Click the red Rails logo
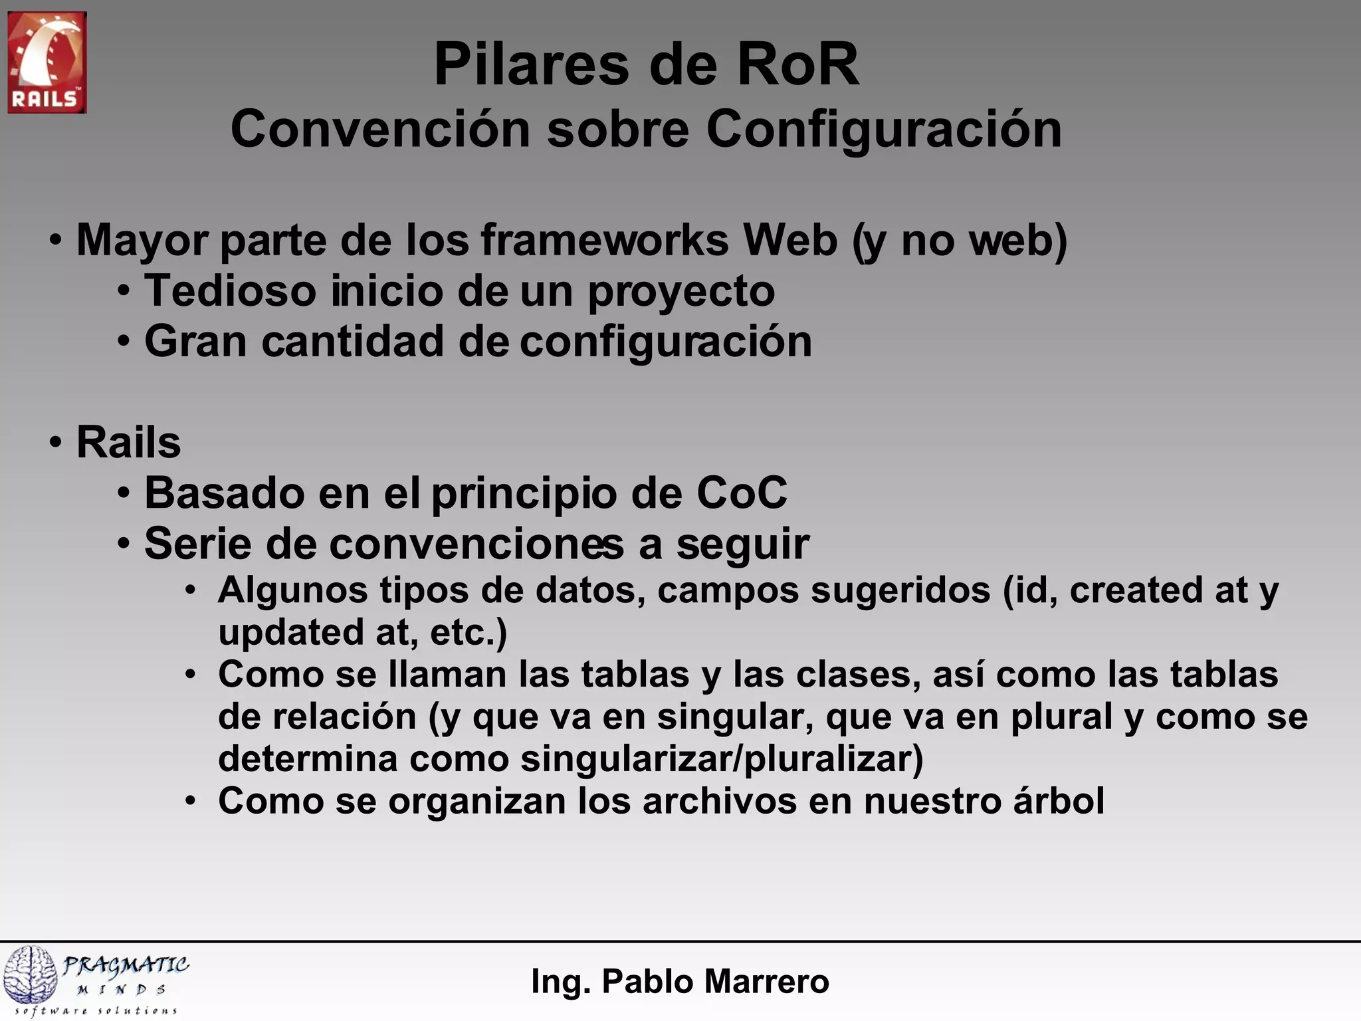point(47,62)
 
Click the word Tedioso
point(229,290)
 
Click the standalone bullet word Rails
point(128,442)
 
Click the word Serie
point(197,543)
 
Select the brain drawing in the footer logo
point(30,974)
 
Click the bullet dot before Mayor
point(56,240)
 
